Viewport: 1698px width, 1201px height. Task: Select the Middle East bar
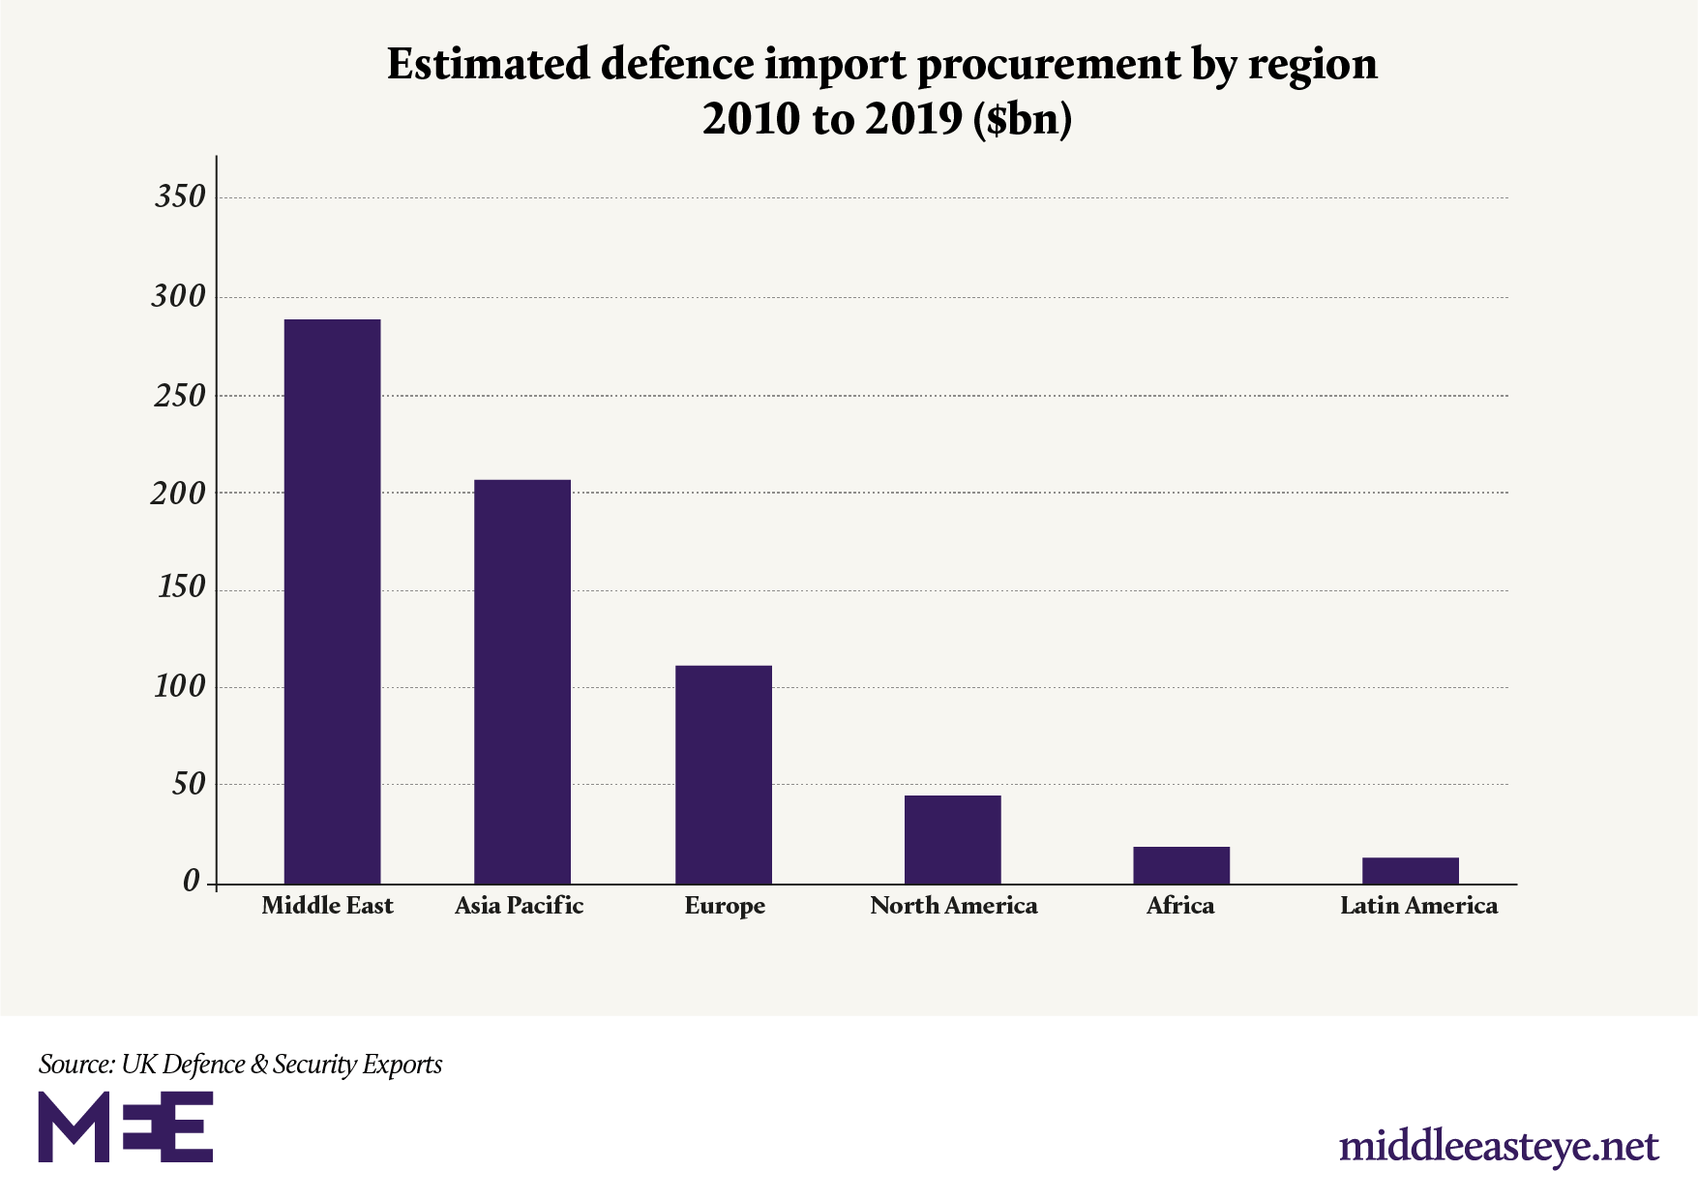332,601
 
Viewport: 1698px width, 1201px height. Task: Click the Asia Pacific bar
521,681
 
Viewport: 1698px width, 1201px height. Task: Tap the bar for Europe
723,774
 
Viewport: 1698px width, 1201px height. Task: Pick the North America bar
952,839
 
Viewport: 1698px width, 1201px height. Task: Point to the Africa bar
1180,865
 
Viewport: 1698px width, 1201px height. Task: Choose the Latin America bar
1410,870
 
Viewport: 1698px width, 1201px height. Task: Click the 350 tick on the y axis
180,196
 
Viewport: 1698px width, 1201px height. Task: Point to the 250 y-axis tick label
180,396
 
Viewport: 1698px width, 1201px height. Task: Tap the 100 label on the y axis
180,687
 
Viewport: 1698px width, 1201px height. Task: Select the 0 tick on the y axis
191,882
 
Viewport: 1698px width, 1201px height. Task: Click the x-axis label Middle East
327,906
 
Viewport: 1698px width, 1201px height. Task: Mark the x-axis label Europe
725,907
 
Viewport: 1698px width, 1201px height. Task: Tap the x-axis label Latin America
1418,906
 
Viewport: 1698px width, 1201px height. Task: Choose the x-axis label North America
953,906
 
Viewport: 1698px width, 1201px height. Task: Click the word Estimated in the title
488,65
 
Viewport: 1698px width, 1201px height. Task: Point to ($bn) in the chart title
1024,120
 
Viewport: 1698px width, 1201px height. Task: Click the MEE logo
125,1126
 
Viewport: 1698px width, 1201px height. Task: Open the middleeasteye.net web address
1499,1147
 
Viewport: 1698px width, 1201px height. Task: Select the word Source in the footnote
75,1065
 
